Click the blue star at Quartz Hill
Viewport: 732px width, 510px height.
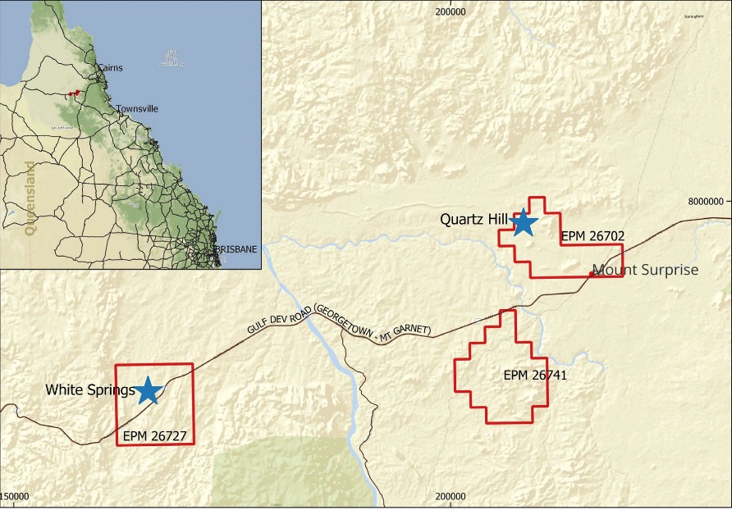tap(523, 221)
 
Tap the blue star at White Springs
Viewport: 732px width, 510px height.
tap(148, 390)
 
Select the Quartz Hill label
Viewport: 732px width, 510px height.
tap(474, 219)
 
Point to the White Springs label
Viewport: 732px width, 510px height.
tap(89, 390)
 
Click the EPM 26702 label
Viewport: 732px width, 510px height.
tap(592, 236)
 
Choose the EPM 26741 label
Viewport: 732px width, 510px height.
tap(535, 376)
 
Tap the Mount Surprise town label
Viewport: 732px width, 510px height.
tap(645, 270)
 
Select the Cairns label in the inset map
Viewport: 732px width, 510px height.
tap(110, 67)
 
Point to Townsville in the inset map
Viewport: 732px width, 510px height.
tap(137, 108)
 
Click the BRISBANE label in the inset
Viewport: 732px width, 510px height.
tap(236, 248)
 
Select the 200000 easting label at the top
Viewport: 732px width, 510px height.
tap(451, 11)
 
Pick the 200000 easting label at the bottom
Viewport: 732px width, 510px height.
tap(451, 497)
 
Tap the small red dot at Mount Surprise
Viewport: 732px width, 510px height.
tap(591, 275)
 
